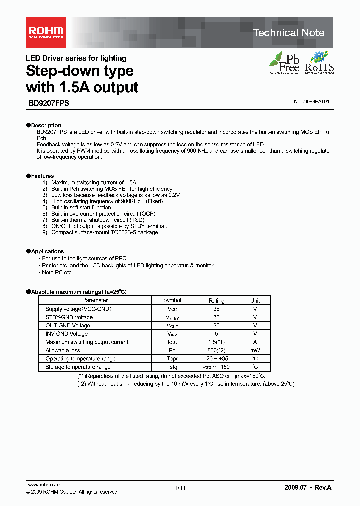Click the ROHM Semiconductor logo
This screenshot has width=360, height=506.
click(x=45, y=33)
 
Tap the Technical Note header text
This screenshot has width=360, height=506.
click(x=288, y=33)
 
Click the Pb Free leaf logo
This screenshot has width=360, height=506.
click(x=284, y=63)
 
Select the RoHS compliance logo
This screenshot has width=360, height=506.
click(x=319, y=63)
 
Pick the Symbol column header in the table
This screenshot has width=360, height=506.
click(x=172, y=300)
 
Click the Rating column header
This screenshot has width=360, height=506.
click(x=216, y=301)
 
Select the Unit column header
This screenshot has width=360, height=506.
click(x=255, y=301)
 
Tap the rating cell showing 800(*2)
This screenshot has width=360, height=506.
click(x=216, y=350)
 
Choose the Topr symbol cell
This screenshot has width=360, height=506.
click(x=172, y=359)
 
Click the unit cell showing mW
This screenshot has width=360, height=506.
click(x=255, y=350)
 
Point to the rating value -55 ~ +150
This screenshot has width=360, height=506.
click(x=216, y=367)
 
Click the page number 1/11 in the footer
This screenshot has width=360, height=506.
click(x=180, y=488)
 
